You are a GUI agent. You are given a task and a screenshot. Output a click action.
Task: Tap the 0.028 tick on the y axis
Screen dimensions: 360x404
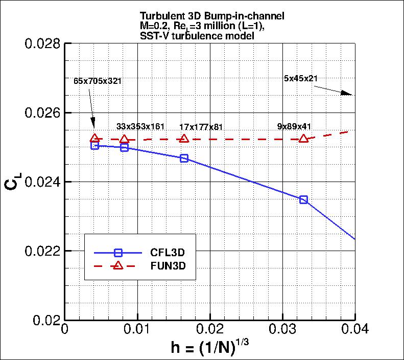coord(42,43)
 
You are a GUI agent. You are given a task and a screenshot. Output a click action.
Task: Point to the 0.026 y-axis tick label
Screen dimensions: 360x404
coord(42,112)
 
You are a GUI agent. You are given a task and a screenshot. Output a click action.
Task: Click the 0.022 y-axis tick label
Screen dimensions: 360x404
coord(42,251)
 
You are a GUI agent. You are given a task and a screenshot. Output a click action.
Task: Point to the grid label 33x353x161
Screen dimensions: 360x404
coord(140,126)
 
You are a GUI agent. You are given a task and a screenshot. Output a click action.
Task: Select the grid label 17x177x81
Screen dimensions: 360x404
coord(201,127)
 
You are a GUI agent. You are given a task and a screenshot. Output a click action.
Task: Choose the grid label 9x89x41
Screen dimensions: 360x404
coord(295,126)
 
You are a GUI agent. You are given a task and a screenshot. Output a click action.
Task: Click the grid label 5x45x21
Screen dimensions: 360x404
coord(301,78)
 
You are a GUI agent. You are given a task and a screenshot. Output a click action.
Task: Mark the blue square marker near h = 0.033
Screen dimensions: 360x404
coord(304,199)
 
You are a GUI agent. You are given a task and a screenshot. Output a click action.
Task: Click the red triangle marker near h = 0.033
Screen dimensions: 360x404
coord(304,139)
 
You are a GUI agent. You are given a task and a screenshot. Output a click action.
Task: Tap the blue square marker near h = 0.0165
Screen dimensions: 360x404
coord(184,159)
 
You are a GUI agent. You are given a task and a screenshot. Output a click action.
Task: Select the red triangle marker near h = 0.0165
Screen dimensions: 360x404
coord(184,139)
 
